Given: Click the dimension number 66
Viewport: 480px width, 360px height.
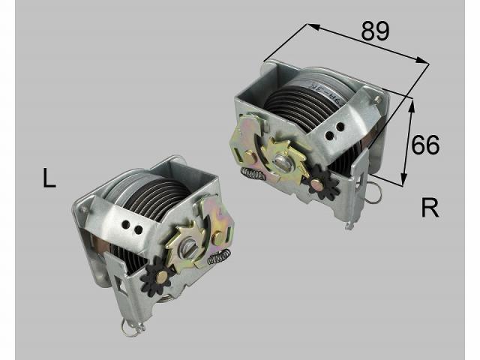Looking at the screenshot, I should [x=425, y=144].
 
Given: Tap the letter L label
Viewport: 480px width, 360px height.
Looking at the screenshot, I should [x=49, y=179].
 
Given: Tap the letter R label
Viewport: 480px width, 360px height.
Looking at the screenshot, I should [x=429, y=208].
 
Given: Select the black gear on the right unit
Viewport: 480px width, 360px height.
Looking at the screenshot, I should [x=323, y=182].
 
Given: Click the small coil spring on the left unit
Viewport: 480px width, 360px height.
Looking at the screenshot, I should [x=218, y=258].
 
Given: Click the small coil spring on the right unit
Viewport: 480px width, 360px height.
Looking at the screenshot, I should [x=253, y=174].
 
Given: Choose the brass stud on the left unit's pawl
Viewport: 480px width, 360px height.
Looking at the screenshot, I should [x=218, y=237].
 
